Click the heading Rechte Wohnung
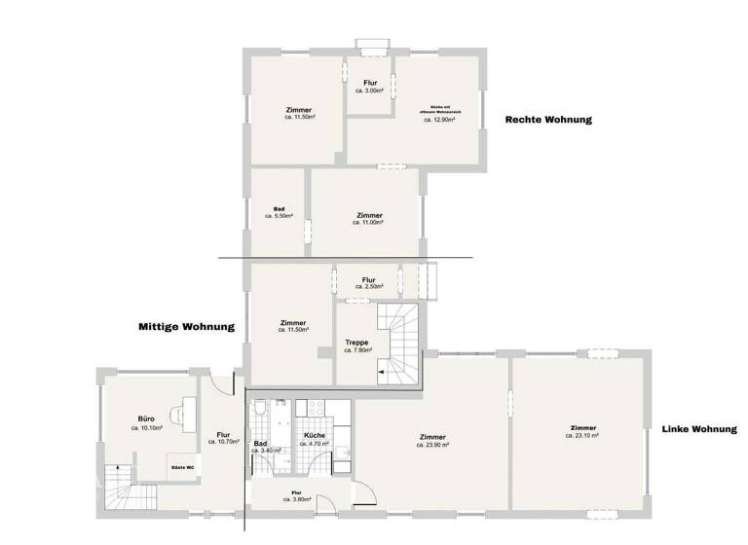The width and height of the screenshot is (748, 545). pos(548,120)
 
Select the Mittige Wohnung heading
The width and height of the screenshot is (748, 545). pos(186,328)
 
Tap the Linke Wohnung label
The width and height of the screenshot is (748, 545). pos(698,429)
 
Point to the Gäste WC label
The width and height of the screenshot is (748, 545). pos(183,468)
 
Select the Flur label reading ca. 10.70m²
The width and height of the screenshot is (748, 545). pos(223,437)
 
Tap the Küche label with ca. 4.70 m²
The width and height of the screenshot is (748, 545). pos(314,439)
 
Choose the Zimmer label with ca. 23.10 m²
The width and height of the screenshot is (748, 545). pos(582,431)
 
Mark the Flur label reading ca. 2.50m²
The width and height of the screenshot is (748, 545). pos(368,283)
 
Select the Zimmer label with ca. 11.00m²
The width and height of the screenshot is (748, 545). pos(369,218)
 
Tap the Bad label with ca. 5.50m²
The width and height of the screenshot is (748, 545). pos(279,212)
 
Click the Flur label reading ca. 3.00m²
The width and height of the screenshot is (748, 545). pos(370,87)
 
